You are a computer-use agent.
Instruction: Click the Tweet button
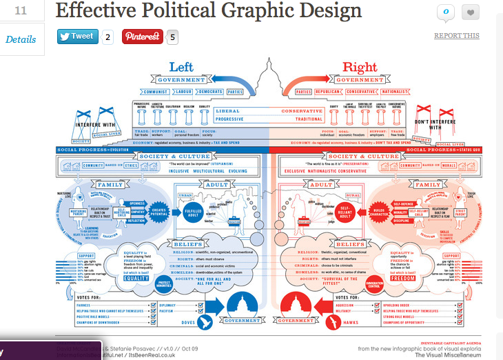click(x=76, y=37)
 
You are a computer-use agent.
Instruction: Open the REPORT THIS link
click(x=456, y=36)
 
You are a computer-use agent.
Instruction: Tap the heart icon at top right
click(x=471, y=12)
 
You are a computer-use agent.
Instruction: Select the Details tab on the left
click(x=21, y=39)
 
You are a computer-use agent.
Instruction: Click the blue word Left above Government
click(x=183, y=67)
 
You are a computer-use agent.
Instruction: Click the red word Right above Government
click(x=359, y=67)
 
